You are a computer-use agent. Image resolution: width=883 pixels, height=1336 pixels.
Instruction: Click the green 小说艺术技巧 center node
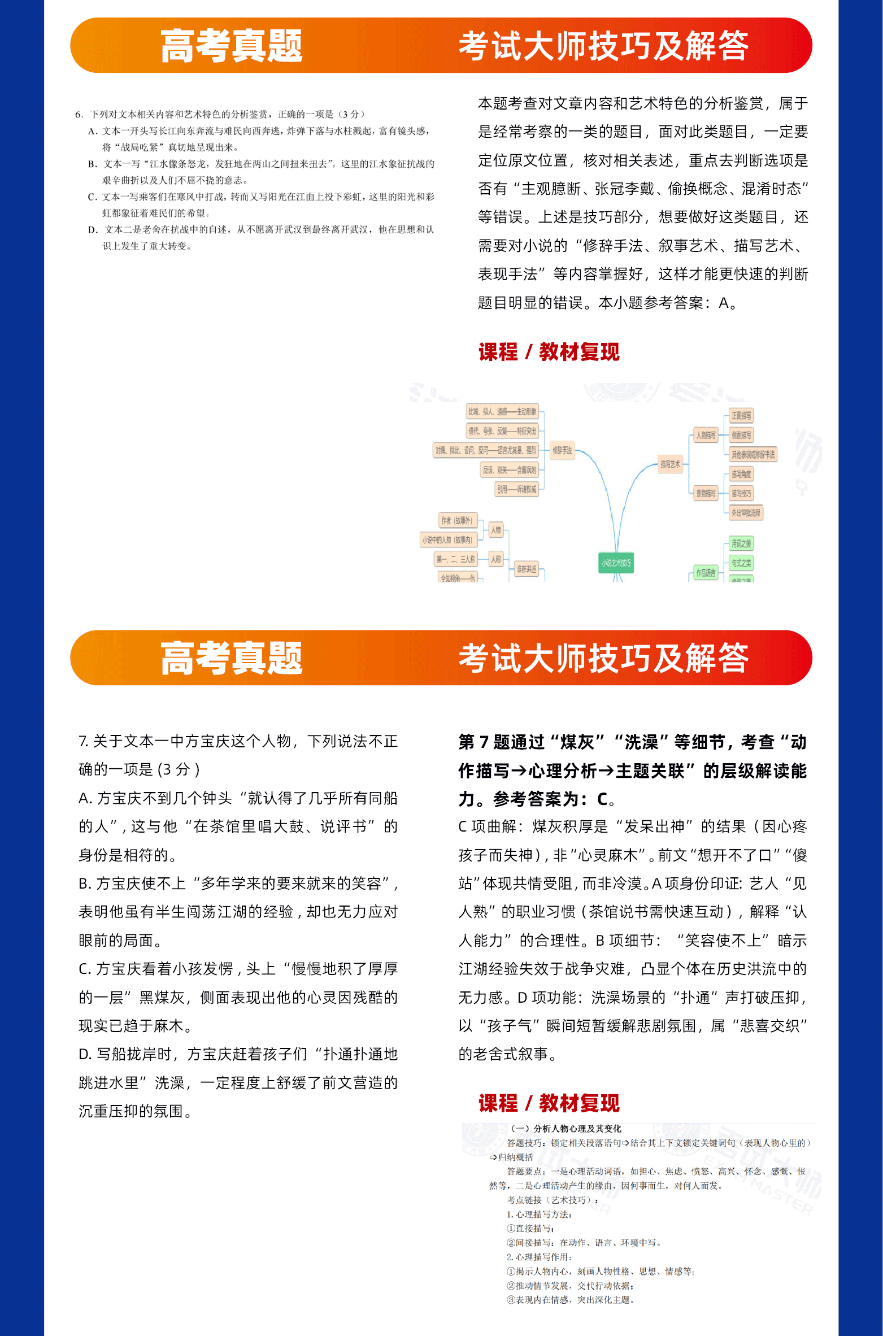pyautogui.click(x=616, y=563)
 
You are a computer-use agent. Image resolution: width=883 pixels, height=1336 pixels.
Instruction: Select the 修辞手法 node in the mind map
pyautogui.click(x=562, y=450)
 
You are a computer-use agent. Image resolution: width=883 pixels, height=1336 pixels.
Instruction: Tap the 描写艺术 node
pyautogui.click(x=670, y=464)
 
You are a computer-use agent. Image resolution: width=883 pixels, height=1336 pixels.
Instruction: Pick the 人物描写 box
pyautogui.click(x=706, y=436)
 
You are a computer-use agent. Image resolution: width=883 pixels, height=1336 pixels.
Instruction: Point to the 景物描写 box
pyautogui.click(x=706, y=493)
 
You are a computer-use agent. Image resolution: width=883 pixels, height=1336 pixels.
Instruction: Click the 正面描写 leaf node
pyautogui.click(x=741, y=416)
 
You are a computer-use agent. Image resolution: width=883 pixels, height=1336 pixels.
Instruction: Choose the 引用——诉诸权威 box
pyautogui.click(x=516, y=489)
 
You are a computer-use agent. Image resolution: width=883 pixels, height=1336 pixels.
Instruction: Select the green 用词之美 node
pyautogui.click(x=741, y=544)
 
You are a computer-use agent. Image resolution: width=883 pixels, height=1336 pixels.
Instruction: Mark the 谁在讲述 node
pyautogui.click(x=527, y=569)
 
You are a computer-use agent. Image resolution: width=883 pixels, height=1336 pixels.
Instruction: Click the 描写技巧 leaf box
pyautogui.click(x=741, y=493)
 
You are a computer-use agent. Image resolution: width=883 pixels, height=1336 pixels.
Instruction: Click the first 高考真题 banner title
pyautogui.click(x=231, y=46)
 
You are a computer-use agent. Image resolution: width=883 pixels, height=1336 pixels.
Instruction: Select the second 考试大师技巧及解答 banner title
pyautogui.click(x=603, y=658)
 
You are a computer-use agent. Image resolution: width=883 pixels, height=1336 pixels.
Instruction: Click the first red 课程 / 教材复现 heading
pyautogui.click(x=549, y=352)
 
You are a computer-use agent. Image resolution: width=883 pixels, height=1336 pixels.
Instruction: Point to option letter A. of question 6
pyautogui.click(x=93, y=131)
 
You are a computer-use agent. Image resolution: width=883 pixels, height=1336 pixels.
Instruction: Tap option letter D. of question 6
pyautogui.click(x=93, y=229)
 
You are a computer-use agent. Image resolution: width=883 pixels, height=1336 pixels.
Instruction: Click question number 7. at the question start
pyautogui.click(x=83, y=741)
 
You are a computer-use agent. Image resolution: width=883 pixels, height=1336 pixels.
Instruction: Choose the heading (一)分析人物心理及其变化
pyautogui.click(x=566, y=1128)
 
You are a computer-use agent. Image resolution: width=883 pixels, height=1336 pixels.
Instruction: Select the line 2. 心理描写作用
pyautogui.click(x=539, y=1257)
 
